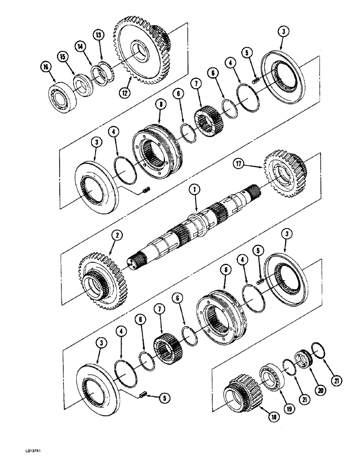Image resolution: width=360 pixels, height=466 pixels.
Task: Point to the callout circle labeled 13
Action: coord(98,34)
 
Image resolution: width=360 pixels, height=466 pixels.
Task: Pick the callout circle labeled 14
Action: coord(81,46)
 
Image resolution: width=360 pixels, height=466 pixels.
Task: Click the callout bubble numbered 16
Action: coord(46,69)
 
